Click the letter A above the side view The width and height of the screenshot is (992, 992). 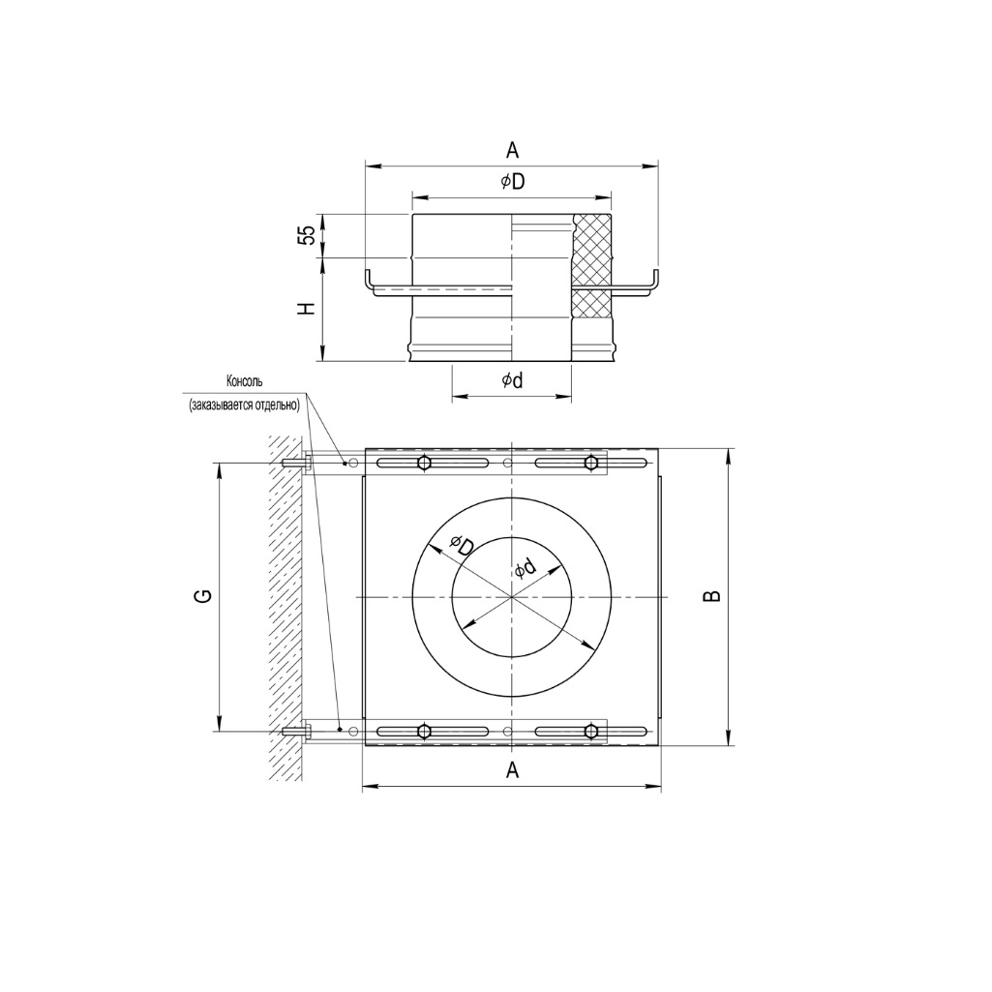pos(512,149)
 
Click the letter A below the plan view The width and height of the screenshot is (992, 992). pos(513,769)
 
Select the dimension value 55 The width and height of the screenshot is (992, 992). pos(307,235)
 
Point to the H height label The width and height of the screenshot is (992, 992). pos(307,309)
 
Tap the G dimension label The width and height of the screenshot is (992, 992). pos(203,596)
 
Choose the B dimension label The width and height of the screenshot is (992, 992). pos(711,596)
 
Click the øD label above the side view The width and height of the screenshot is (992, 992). pos(512,182)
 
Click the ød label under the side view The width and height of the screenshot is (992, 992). pos(512,381)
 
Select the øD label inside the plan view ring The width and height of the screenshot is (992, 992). pos(461,547)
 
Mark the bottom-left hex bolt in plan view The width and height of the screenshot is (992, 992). pos(424,731)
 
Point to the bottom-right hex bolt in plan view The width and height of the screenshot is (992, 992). pos(591,731)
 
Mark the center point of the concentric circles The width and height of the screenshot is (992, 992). pos(511,596)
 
